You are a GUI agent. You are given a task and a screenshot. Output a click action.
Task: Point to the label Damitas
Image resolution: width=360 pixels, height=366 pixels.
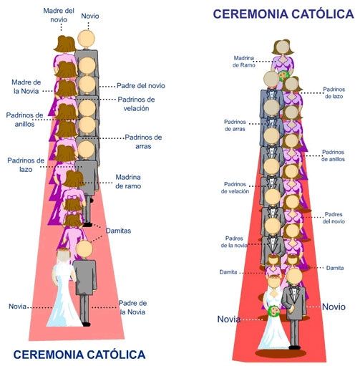click(118, 231)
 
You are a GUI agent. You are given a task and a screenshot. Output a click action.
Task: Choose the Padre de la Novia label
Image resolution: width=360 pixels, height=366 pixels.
click(133, 307)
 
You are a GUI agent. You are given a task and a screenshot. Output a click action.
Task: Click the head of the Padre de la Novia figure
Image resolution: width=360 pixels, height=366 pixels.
click(84, 249)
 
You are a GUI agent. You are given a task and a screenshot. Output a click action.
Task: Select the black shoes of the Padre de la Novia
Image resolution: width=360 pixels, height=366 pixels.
click(84, 323)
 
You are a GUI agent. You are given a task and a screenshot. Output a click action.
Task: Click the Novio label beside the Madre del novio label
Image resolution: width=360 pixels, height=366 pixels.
click(90, 16)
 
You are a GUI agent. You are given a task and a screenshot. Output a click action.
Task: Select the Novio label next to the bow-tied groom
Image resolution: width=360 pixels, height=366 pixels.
click(334, 307)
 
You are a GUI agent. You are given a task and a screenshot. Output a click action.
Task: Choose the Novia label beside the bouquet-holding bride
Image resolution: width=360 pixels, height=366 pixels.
click(228, 319)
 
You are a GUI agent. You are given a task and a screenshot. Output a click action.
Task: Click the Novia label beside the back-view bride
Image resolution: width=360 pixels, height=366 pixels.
click(18, 307)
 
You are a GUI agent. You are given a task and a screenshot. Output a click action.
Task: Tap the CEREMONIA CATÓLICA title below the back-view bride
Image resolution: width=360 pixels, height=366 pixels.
click(79, 354)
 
